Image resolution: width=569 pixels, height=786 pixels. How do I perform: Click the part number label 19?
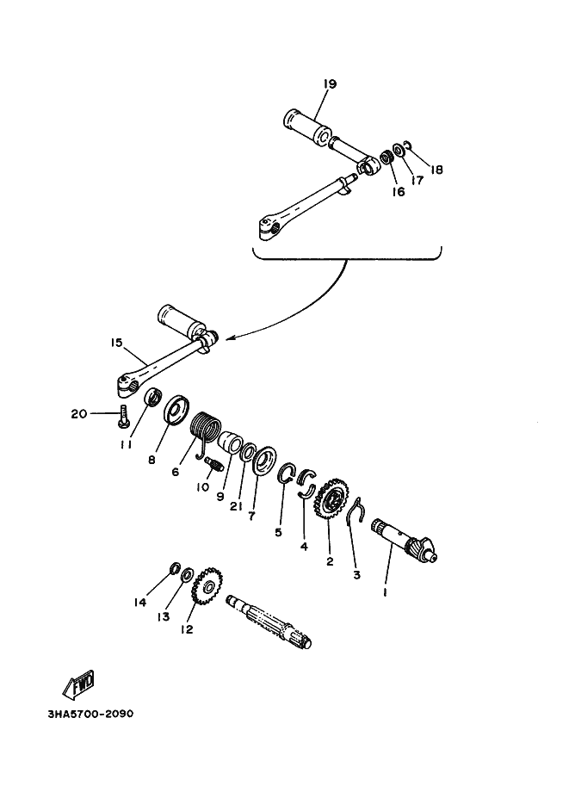click(x=330, y=84)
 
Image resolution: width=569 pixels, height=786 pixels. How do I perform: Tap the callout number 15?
click(x=117, y=343)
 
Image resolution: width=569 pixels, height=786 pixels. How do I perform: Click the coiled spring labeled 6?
click(x=205, y=428)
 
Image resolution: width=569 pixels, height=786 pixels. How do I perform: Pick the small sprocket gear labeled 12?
click(x=206, y=589)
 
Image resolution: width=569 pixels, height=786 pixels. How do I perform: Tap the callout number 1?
click(x=386, y=592)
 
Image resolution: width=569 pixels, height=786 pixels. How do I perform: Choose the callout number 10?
click(x=201, y=486)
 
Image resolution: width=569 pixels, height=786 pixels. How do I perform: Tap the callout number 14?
click(x=141, y=603)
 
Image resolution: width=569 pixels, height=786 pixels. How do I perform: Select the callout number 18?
click(x=436, y=170)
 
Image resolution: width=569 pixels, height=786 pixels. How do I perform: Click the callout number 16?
click(x=399, y=192)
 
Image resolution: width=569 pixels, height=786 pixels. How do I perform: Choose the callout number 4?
click(x=303, y=546)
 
